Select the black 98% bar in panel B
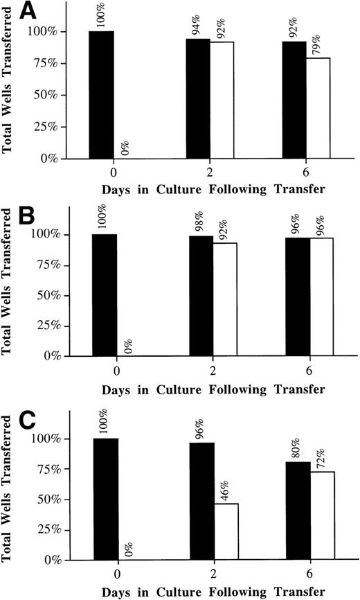199,296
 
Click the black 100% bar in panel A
102,95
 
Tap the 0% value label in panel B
129,341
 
